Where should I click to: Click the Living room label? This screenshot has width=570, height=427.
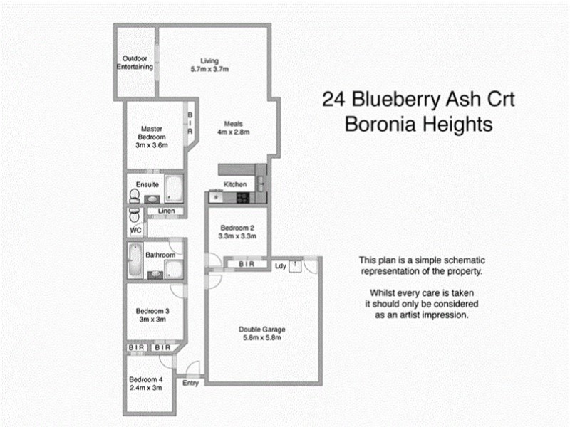pos(209,60)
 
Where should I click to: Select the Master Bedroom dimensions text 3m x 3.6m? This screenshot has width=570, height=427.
pos(152,145)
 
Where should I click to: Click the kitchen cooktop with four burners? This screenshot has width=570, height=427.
pos(242,197)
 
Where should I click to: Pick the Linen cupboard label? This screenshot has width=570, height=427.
pos(166,211)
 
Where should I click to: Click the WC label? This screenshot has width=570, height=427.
pos(135,231)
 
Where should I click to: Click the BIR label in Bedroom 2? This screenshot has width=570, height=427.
pos(247,265)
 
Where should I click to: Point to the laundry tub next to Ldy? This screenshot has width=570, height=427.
pos(294,265)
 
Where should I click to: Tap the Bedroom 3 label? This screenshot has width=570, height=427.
pos(152,310)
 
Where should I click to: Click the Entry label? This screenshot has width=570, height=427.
pos(190,383)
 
